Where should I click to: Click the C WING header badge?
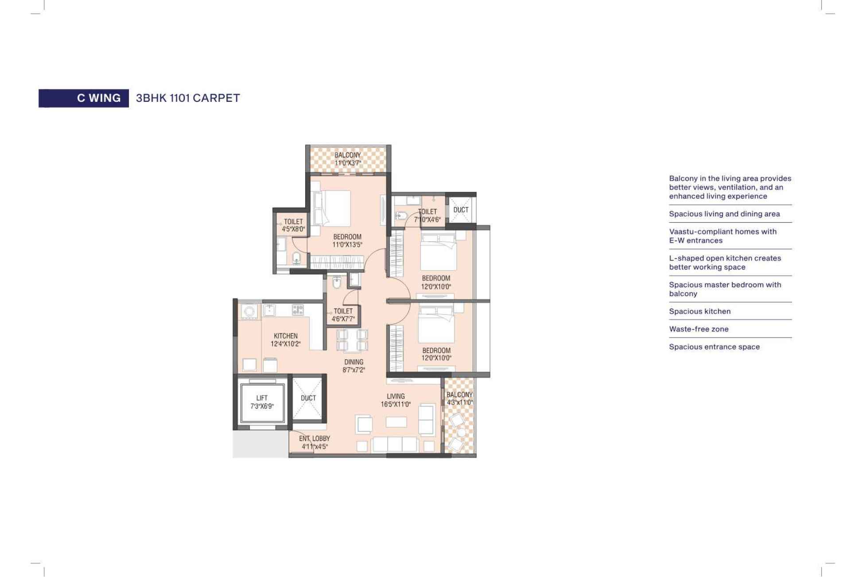[x=84, y=98]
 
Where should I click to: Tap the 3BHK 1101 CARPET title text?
[x=188, y=98]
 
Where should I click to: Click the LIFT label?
[x=262, y=398]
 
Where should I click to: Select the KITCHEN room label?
[x=286, y=336]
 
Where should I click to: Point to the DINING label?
[x=354, y=362]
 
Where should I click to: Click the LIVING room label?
[x=396, y=396]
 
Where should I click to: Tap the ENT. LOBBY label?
[x=315, y=438]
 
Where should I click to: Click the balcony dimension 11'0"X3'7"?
[x=348, y=163]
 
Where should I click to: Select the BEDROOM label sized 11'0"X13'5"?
[x=347, y=237]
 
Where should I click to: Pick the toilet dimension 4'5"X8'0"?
[x=293, y=229]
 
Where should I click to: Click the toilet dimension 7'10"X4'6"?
[x=427, y=219]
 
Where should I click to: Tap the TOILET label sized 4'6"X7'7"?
[x=343, y=311]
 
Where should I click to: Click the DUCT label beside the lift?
[x=308, y=398]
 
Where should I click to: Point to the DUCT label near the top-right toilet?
[x=461, y=209]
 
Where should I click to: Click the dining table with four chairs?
[x=352, y=340]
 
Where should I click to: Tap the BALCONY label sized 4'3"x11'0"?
[x=459, y=395]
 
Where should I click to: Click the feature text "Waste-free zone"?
[x=699, y=329]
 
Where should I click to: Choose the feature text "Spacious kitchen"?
[x=700, y=311]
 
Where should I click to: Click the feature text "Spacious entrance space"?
[x=714, y=347]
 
